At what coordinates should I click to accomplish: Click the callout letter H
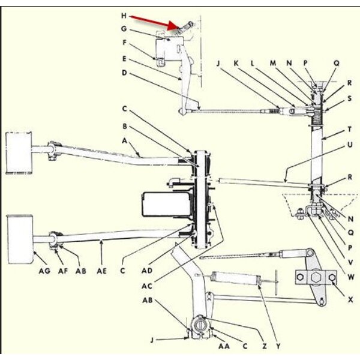(124, 14)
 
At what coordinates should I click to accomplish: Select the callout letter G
(124, 28)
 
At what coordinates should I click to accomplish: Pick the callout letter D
(124, 73)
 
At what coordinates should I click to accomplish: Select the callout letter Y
(278, 346)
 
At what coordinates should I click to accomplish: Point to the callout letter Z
(262, 346)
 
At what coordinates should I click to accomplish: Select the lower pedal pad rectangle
(19, 239)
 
